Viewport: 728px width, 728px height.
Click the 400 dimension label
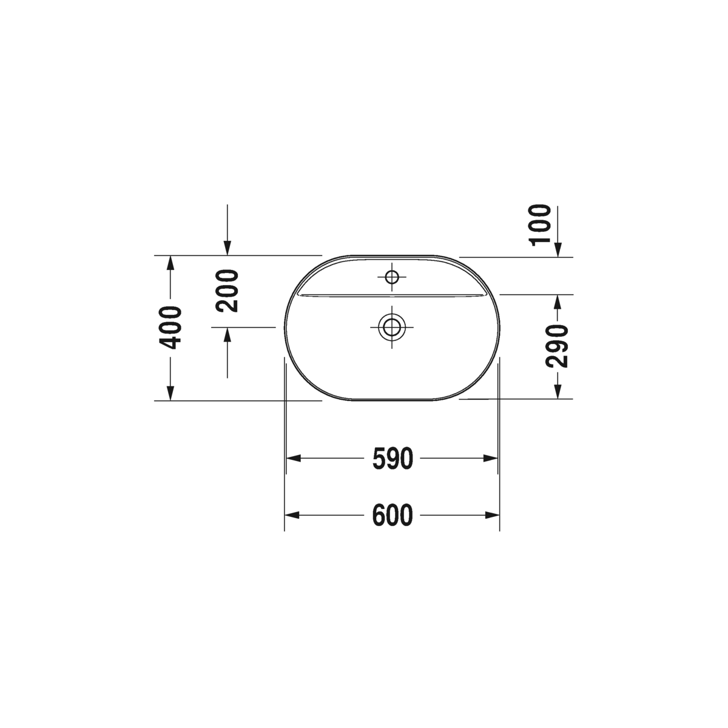(170, 328)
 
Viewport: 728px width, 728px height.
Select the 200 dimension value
(227, 291)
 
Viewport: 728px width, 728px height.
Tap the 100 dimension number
(541, 226)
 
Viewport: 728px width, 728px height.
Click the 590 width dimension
(393, 459)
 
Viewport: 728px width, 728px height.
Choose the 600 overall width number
(393, 515)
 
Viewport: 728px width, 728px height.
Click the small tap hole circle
(392, 277)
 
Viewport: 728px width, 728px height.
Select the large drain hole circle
(392, 327)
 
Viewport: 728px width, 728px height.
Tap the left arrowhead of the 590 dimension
(294, 459)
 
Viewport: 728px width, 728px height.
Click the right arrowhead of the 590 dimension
(491, 459)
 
